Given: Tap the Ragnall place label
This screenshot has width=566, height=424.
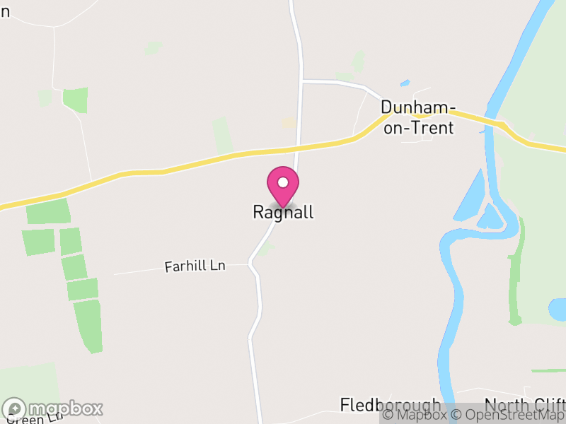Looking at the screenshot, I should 282,212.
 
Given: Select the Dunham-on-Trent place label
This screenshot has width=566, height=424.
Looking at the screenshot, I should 417,117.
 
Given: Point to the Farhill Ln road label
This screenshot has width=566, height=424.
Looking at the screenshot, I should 195,266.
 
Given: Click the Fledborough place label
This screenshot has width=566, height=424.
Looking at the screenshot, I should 390,405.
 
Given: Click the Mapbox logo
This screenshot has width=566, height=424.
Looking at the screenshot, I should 53,408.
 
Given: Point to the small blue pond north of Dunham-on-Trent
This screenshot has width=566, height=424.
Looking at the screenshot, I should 404,83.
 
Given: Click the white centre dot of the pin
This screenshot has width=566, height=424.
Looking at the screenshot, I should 282,182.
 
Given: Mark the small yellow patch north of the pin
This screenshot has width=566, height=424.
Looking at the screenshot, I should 289,123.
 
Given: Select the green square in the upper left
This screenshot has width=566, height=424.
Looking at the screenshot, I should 75,100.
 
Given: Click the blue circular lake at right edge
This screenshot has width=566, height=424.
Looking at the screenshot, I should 558,309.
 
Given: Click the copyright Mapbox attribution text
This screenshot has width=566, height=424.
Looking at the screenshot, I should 415,415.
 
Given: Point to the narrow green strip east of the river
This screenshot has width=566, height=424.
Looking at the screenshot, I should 516,276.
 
